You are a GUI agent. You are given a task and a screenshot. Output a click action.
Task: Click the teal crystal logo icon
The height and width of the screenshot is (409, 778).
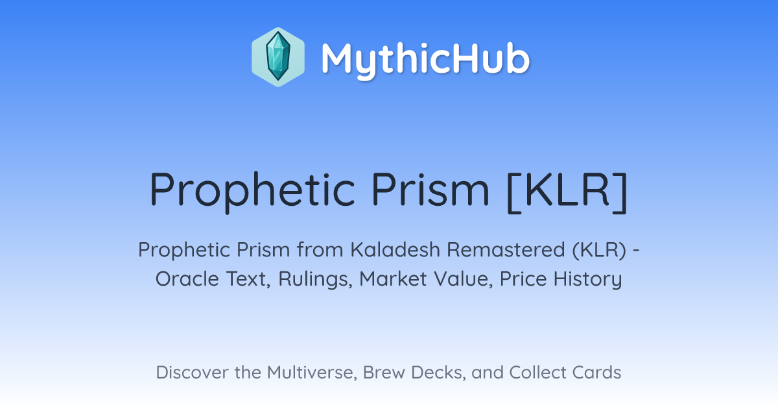pos(278,57)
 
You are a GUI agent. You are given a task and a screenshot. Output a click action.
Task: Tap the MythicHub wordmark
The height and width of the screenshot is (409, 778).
pos(425,60)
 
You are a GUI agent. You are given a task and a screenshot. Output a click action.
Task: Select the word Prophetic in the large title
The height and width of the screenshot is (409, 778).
pos(252,192)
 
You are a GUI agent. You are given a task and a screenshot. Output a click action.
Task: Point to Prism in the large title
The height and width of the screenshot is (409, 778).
pos(430,189)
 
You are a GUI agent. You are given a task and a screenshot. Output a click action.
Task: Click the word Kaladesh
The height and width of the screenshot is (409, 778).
pos(395,249)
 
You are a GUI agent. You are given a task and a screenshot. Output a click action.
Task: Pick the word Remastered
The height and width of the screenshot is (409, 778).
pos(506,249)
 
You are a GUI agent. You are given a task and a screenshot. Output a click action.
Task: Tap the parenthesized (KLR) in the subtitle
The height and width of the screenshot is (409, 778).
pos(599,250)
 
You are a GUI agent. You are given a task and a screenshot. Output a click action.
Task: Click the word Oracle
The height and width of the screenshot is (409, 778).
pos(187,279)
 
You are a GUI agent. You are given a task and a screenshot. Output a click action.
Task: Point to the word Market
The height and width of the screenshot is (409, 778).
pos(393,279)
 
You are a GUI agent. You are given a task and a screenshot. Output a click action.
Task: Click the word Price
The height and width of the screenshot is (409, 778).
pos(523,279)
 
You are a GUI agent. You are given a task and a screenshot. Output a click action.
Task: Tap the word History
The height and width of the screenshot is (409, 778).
pos(587,279)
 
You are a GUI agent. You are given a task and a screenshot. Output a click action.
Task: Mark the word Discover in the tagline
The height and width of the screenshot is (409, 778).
pos(191,372)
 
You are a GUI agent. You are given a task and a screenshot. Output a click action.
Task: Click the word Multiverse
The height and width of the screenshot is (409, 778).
pos(312,372)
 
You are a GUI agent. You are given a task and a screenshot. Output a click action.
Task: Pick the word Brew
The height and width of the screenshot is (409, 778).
pos(384,372)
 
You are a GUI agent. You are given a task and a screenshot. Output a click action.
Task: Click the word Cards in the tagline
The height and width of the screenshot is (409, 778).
pos(596,372)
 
